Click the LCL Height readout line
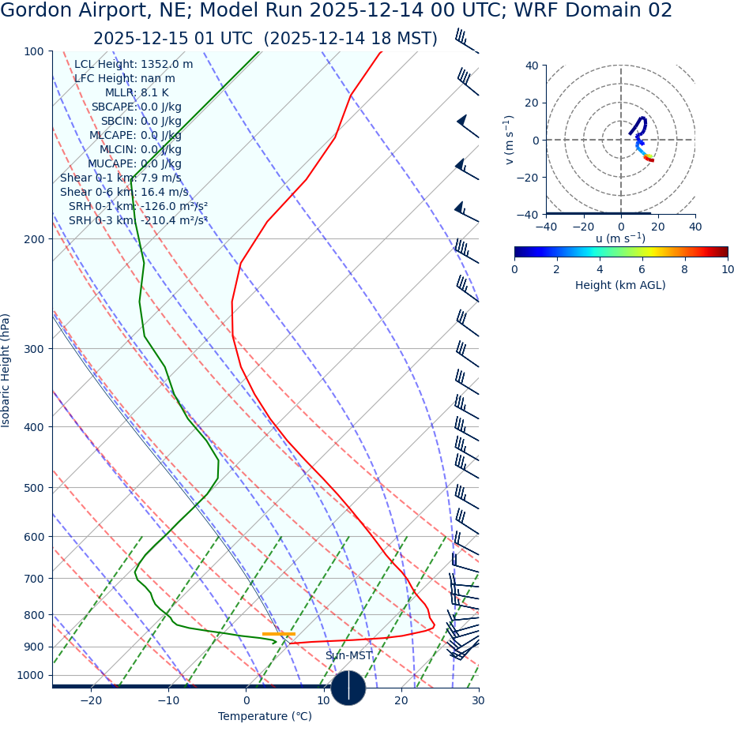point(133,65)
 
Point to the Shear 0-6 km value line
point(124,193)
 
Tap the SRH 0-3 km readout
point(137,221)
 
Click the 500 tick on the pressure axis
point(34,488)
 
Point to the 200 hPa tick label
point(34,239)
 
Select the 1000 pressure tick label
point(31,676)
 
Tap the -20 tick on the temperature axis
point(91,701)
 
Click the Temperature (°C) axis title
point(265,717)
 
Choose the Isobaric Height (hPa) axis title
point(6,370)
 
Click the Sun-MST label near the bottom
point(348,656)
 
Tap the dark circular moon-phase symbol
point(348,688)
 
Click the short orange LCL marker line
point(278,634)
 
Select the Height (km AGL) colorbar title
point(620,286)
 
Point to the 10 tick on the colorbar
point(728,270)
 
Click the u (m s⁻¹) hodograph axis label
point(620,238)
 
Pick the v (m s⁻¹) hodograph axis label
point(510,140)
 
